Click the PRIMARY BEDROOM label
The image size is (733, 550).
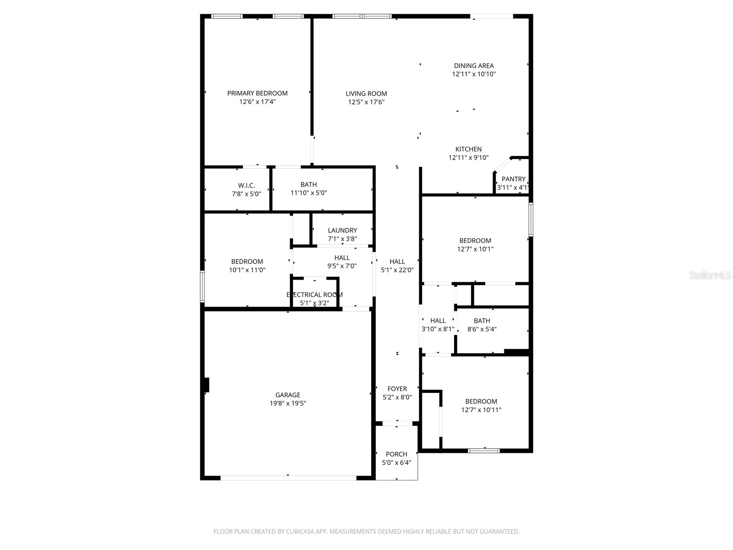[x=257, y=93]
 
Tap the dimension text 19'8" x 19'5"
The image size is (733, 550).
[x=288, y=403]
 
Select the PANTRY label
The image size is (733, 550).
[x=513, y=179]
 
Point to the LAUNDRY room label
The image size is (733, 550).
[x=342, y=230]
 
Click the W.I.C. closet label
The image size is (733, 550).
[x=246, y=185]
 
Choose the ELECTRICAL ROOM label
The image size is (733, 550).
[x=314, y=295]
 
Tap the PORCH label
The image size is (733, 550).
[x=396, y=454]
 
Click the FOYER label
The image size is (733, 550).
[x=397, y=389]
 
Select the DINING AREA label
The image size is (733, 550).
[x=474, y=66]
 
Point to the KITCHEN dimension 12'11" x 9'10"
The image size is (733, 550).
[x=468, y=158]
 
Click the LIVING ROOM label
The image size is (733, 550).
[x=366, y=93]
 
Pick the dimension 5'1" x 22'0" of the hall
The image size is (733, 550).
[x=397, y=270]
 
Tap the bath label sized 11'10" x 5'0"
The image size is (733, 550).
[x=308, y=184]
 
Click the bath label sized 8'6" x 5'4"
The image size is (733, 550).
[x=481, y=320]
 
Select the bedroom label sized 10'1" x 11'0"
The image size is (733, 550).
[x=247, y=261]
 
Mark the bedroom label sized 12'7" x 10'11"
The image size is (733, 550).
[x=481, y=401]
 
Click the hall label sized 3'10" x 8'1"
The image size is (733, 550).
[x=438, y=320]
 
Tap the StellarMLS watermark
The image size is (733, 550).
[x=710, y=275]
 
